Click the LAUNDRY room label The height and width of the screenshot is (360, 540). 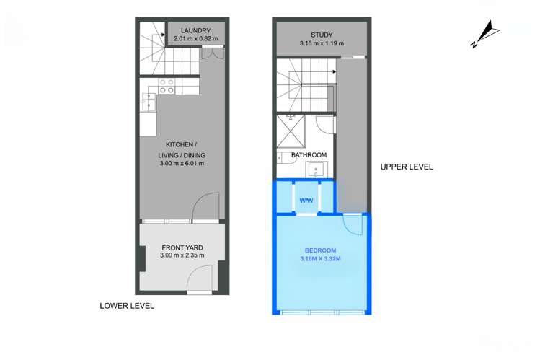(195, 30)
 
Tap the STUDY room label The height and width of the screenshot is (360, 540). (322, 35)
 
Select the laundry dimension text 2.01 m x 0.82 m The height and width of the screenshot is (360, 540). (195, 38)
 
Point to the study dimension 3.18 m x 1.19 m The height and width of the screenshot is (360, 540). (322, 43)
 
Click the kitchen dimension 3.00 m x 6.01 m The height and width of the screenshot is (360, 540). (182, 163)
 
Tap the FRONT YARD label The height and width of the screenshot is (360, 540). (182, 247)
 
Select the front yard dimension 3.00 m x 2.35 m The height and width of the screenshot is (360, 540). (182, 255)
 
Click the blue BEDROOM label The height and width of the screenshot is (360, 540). (320, 250)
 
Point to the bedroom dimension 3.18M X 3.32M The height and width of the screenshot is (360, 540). (320, 259)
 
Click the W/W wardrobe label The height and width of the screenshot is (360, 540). (306, 201)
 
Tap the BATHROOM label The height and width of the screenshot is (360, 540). (309, 155)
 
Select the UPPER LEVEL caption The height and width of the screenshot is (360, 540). (407, 167)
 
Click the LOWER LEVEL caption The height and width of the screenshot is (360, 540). (127, 306)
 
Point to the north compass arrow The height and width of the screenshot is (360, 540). (485, 35)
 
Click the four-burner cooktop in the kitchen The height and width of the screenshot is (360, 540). (167, 86)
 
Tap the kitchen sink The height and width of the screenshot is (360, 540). (149, 102)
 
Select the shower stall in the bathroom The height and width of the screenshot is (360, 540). (291, 131)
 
